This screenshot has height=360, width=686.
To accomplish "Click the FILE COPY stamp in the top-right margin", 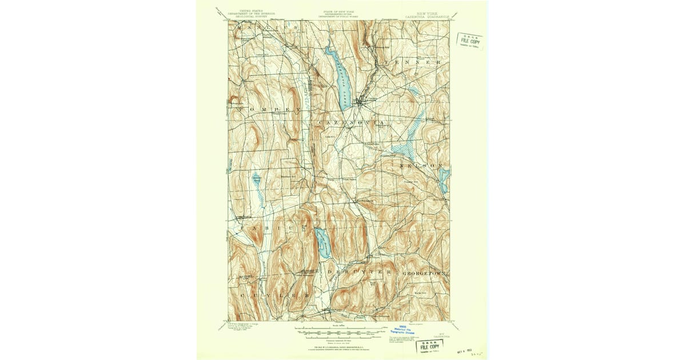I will (x=469, y=42).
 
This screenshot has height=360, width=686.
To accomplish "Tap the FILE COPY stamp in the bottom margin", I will (x=430, y=347).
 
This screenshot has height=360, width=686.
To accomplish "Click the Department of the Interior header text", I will (x=248, y=14).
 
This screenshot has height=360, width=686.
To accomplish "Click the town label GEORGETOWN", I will (x=424, y=274).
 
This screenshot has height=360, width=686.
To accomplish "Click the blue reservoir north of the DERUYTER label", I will (x=322, y=242).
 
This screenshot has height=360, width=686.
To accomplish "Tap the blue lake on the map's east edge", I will (x=444, y=179).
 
